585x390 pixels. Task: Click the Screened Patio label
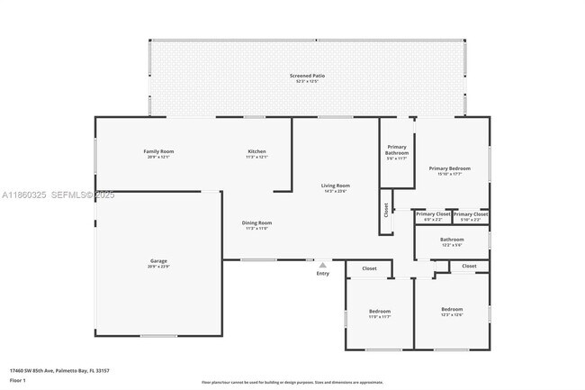click(x=306, y=76)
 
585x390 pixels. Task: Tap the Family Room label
click(x=158, y=151)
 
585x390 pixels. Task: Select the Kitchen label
click(x=256, y=151)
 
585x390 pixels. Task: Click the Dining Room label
click(x=256, y=222)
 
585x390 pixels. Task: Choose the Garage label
click(x=158, y=261)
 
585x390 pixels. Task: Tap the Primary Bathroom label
click(x=397, y=150)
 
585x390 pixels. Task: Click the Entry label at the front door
click(x=322, y=273)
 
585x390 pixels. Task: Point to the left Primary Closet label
click(x=433, y=214)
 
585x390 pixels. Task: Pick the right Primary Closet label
click(x=470, y=214)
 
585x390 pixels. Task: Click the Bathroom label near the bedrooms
click(x=451, y=240)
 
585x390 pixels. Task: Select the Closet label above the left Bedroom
click(x=369, y=268)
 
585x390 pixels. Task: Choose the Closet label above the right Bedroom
click(x=469, y=266)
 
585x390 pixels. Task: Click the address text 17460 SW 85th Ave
click(x=55, y=369)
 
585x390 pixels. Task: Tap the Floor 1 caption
click(x=17, y=381)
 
